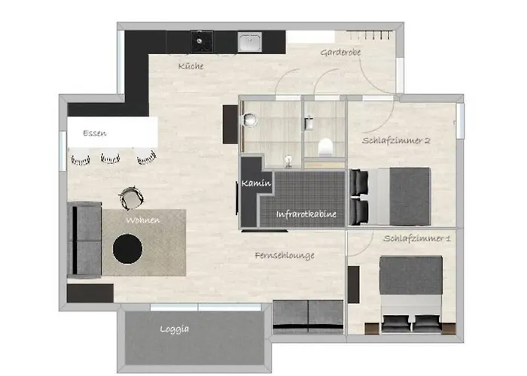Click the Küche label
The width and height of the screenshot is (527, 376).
(190, 66)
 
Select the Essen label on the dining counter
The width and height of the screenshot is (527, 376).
(95, 133)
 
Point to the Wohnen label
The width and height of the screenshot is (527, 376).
(142, 220)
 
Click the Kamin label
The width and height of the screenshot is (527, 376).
(257, 183)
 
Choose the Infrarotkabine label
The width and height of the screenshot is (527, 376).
(306, 215)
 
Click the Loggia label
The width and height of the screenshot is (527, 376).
(174, 329)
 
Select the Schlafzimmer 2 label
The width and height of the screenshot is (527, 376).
(396, 141)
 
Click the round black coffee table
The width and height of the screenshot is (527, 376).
(127, 247)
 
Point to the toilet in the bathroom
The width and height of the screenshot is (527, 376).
(326, 147)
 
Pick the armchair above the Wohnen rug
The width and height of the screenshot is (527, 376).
(131, 199)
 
